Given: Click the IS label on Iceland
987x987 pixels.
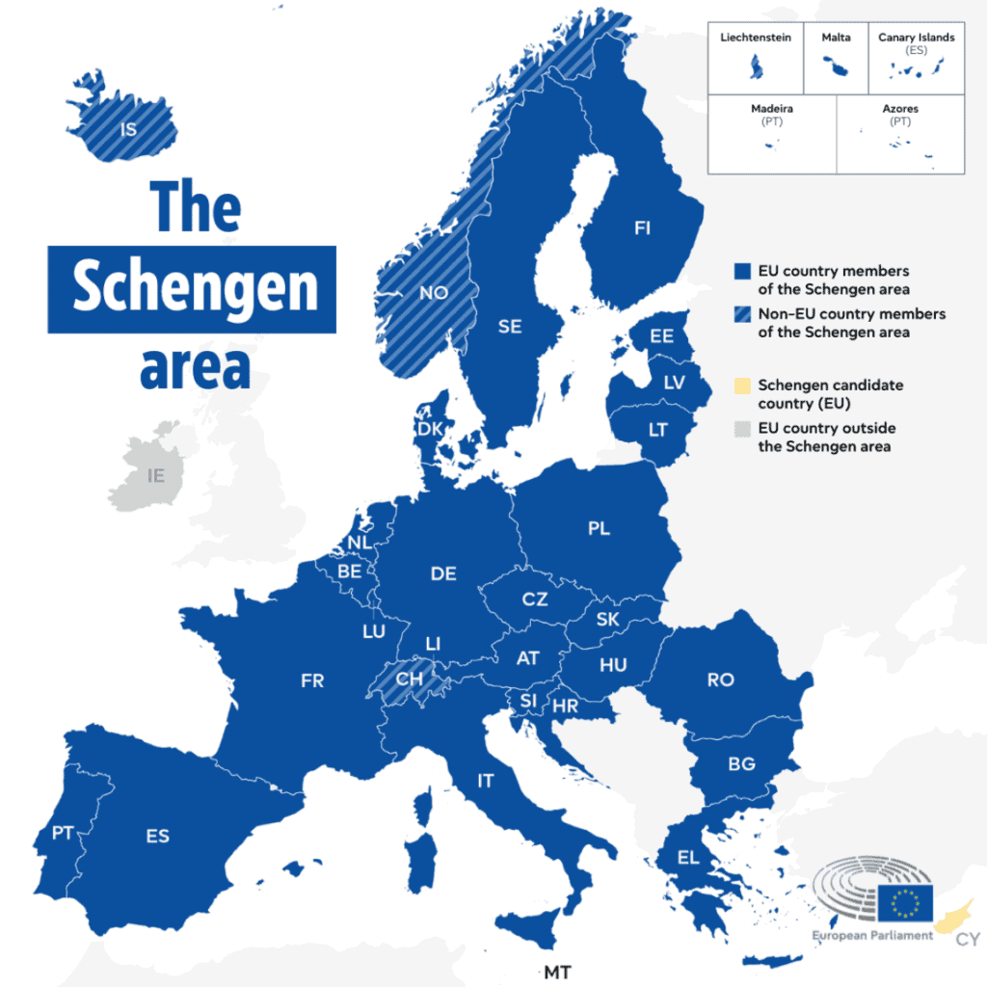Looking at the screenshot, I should pyautogui.click(x=129, y=129).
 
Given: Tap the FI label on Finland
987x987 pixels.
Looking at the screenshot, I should pyautogui.click(x=642, y=228).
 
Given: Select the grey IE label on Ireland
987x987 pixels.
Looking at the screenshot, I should pyautogui.click(x=156, y=475).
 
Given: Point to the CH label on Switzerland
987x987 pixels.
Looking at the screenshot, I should pyautogui.click(x=410, y=680).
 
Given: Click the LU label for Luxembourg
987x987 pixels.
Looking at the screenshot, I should pyautogui.click(x=374, y=632).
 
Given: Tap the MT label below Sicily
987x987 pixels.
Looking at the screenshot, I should pyautogui.click(x=558, y=973).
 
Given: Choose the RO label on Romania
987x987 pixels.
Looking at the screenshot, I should pyautogui.click(x=720, y=680).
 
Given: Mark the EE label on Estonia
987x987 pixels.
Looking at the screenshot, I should pyautogui.click(x=661, y=336).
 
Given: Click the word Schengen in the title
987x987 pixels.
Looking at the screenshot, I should pyautogui.click(x=195, y=288).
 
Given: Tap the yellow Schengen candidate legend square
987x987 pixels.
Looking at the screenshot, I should pyautogui.click(x=741, y=387).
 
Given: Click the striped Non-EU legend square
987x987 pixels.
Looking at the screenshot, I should pyautogui.click(x=741, y=315).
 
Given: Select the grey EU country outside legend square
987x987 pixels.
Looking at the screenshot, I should pyautogui.click(x=741, y=430).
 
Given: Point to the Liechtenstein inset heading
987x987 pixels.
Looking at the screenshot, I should pyautogui.click(x=755, y=38).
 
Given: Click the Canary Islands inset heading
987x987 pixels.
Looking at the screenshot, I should pyautogui.click(x=916, y=38).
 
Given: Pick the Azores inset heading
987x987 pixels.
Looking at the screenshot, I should pyautogui.click(x=900, y=109).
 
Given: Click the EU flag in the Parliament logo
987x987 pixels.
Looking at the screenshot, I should pyautogui.click(x=904, y=903).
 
